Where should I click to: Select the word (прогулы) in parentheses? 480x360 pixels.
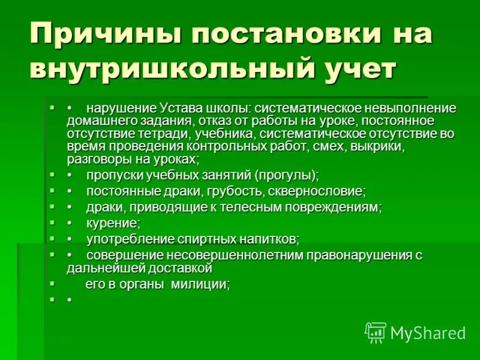[286, 176]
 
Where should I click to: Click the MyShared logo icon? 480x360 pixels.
[376, 332]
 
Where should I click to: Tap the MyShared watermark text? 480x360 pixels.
[428, 332]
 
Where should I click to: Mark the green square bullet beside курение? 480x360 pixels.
[52, 222]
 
